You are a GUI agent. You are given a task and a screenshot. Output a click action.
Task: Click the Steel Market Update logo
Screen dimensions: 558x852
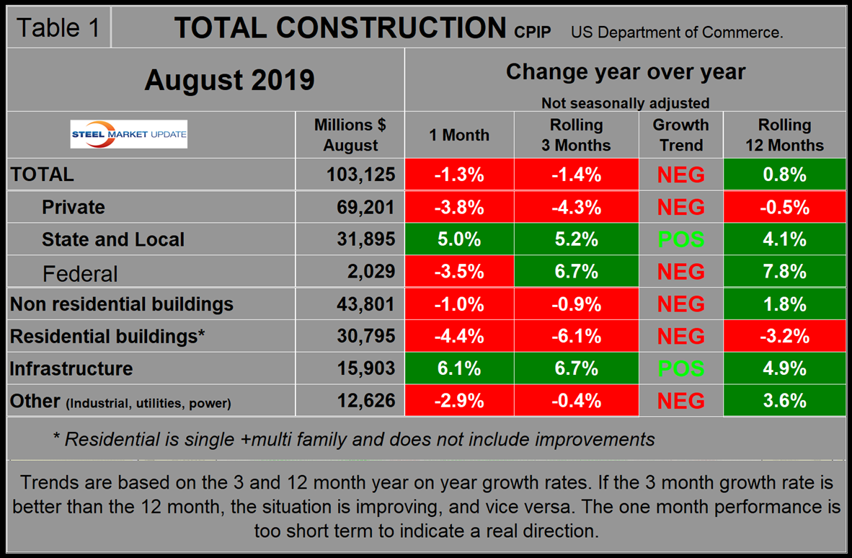pos(129,134)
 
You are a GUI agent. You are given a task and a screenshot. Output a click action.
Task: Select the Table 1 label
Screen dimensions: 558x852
pos(58,28)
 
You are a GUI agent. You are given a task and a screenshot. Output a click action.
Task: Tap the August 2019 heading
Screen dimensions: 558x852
pos(229,79)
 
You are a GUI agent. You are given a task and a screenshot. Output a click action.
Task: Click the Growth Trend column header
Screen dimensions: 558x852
pos(680,135)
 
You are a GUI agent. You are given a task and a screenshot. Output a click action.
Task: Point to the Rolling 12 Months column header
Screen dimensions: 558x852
pos(784,135)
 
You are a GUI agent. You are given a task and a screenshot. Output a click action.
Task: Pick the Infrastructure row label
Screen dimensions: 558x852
pos(71,368)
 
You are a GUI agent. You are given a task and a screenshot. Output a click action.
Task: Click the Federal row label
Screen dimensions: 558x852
pos(80,273)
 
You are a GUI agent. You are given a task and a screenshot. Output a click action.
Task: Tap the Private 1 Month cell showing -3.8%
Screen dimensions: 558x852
pos(459,207)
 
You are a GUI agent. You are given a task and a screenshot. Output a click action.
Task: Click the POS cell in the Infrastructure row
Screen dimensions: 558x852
pos(680,368)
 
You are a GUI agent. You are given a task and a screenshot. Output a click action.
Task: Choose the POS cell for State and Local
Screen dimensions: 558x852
pos(680,239)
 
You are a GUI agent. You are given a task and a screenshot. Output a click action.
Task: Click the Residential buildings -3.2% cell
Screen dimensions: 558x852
pos(784,336)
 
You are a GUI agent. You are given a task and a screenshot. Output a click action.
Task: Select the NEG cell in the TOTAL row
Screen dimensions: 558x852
pos(680,174)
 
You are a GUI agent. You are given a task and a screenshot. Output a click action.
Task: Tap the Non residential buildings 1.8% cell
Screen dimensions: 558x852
pos(784,304)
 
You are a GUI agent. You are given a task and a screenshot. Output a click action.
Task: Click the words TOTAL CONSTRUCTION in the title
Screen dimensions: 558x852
pos(340,28)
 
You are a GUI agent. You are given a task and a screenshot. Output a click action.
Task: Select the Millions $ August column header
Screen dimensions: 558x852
pos(350,135)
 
